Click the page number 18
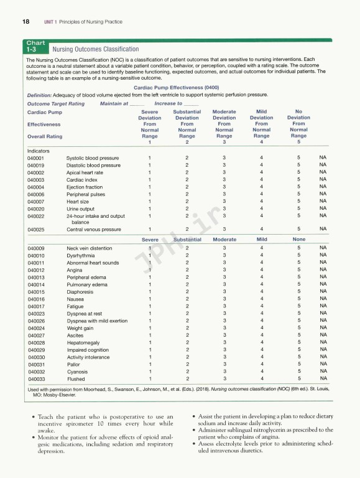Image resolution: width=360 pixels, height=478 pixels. click(25, 22)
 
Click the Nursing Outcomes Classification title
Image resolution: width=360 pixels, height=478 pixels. click(96, 49)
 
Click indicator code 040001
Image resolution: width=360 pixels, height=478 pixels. click(36, 158)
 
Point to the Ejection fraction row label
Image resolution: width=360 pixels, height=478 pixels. click(85, 187)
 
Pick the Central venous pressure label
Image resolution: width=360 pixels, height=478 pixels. click(93, 229)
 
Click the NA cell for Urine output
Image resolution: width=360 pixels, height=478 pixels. click(323, 209)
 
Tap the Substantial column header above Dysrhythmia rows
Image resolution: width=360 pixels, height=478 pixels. click(187, 239)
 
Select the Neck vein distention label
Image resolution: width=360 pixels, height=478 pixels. click(90, 248)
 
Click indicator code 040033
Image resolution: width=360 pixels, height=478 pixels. click(36, 378)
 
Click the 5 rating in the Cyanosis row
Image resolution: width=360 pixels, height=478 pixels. click(299, 371)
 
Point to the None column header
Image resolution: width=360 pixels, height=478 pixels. click(299, 239)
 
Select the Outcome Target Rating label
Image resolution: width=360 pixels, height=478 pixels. click(56, 103)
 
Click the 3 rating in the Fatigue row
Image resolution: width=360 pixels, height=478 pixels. click(224, 306)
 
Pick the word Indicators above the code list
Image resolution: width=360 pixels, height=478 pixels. click(39, 151)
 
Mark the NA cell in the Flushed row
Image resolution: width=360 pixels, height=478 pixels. click(323, 378)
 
